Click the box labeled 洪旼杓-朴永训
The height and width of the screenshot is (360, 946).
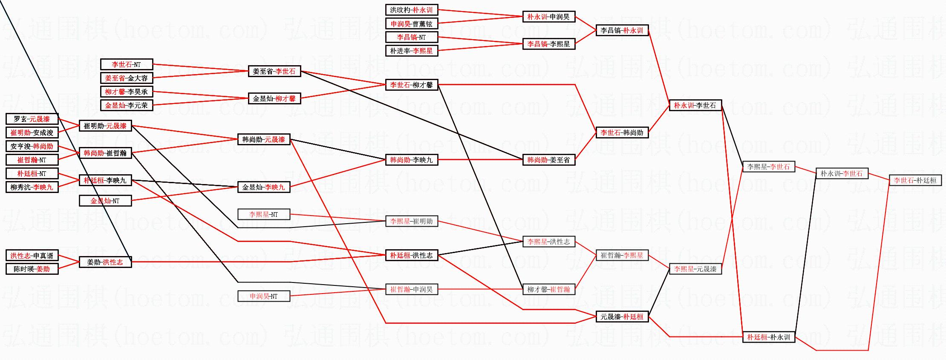(x=411, y=10)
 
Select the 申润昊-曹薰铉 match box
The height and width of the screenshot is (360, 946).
(x=411, y=24)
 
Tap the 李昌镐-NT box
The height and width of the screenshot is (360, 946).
(x=411, y=37)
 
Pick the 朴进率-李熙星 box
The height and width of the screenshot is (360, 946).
(x=411, y=51)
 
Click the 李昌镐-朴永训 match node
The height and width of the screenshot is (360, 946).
(x=622, y=30)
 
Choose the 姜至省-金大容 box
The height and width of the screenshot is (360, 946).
(x=126, y=78)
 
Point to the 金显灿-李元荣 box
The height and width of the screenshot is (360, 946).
(x=126, y=105)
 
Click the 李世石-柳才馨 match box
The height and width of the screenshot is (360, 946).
(x=411, y=85)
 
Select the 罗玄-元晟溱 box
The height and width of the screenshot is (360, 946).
(x=32, y=119)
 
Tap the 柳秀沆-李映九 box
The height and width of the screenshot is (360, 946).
(x=32, y=187)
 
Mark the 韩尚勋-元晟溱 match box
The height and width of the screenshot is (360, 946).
(x=263, y=139)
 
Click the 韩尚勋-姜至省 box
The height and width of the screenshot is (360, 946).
(x=548, y=160)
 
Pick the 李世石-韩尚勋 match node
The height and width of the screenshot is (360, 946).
(x=622, y=132)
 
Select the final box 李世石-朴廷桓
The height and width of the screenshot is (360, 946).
(x=915, y=180)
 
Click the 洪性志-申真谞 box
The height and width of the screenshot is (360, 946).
(x=32, y=256)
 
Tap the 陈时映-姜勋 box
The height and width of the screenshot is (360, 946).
(x=32, y=269)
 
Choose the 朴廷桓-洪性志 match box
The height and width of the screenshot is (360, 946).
(x=411, y=255)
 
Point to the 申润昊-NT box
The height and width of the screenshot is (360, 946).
(x=263, y=296)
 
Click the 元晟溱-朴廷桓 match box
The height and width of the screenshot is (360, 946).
(x=622, y=317)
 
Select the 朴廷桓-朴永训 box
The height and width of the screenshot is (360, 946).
(x=768, y=337)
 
